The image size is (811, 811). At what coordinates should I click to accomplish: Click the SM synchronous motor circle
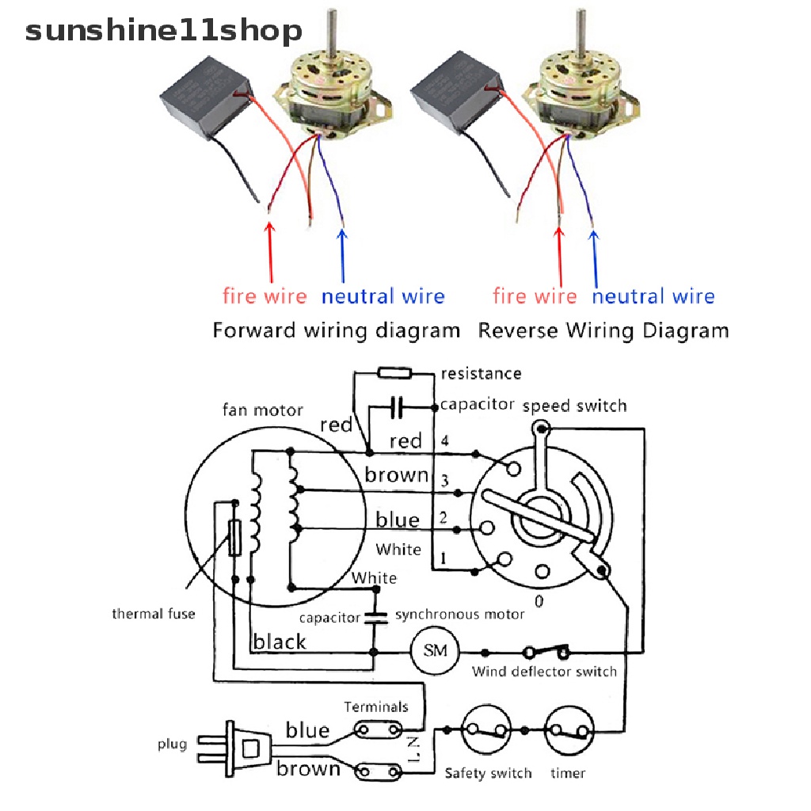click(x=435, y=651)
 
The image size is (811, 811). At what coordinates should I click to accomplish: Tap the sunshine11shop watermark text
click(x=163, y=31)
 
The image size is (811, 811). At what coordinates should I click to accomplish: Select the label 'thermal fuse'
click(x=153, y=614)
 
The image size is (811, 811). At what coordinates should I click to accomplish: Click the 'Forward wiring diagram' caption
click(x=336, y=330)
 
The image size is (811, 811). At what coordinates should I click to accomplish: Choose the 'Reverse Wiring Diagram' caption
click(x=603, y=330)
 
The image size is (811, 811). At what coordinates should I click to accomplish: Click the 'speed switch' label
click(x=574, y=405)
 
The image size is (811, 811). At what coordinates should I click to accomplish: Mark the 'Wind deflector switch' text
click(x=544, y=672)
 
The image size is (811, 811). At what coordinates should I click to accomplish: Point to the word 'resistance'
click(x=481, y=373)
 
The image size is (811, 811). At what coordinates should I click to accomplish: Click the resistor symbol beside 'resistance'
click(x=393, y=372)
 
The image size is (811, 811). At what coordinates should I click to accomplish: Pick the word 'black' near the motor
click(x=279, y=642)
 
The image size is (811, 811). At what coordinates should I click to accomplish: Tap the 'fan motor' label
click(x=262, y=410)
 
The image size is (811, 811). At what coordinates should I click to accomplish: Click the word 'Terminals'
click(x=376, y=706)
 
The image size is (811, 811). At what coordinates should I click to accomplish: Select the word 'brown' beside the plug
click(x=308, y=768)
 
